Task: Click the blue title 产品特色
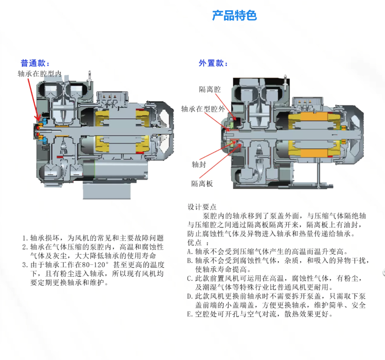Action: pyautogui.click(x=234, y=15)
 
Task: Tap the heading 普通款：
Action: pyautogui.click(x=35, y=63)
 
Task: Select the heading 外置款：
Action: pyautogui.click(x=213, y=63)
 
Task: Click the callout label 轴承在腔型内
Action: pyautogui.click(x=39, y=73)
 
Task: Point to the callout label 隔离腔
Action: pyautogui.click(x=210, y=89)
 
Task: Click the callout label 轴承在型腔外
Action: pyautogui.click(x=203, y=109)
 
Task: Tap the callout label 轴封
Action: pyautogui.click(x=199, y=164)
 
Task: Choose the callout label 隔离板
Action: pyautogui.click(x=202, y=184)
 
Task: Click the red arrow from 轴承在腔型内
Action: pyautogui.click(x=33, y=100)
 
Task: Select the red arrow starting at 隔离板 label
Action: pyautogui.click(x=220, y=161)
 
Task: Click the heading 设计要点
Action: pyautogui.click(x=202, y=207)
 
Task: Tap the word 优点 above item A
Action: pyautogui.click(x=194, y=242)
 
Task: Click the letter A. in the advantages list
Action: pyautogui.click(x=190, y=251)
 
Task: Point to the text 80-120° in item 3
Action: pyautogui.click(x=95, y=265)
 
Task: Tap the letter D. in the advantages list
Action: pyautogui.click(x=190, y=296)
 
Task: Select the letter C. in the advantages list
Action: pyautogui.click(x=190, y=278)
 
